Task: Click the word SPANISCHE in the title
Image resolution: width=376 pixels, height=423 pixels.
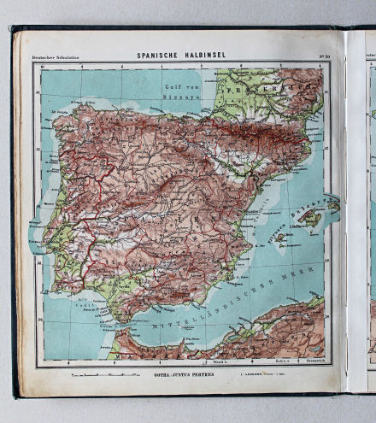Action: click(159, 56)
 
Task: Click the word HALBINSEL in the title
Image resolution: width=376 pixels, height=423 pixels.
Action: click(204, 56)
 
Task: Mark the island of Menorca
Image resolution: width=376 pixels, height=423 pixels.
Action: click(332, 206)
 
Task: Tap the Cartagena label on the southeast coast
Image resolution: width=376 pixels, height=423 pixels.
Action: click(223, 283)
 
